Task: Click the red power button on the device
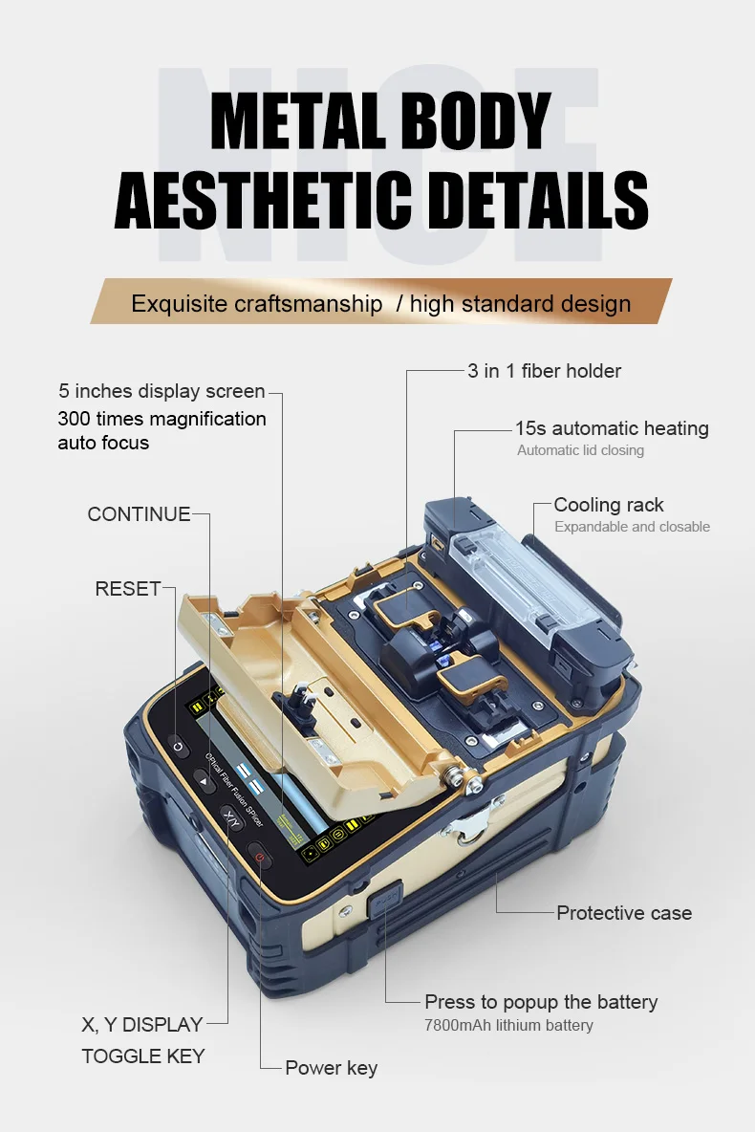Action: point(260,858)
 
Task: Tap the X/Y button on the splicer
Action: point(231,817)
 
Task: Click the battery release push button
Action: point(385,902)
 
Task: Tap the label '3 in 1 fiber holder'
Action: point(544,371)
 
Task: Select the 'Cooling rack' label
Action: point(608,505)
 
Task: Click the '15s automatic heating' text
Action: point(612,428)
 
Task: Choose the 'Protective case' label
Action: point(623,913)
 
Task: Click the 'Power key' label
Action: point(331,1068)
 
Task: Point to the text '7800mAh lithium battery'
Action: point(508,1026)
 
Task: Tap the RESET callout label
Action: point(127,589)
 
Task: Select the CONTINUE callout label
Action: point(139,514)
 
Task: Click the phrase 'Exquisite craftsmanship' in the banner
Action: point(256,304)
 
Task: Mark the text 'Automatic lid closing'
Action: point(580,450)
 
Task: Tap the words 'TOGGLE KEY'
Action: point(142,1056)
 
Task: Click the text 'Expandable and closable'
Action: point(632,527)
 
